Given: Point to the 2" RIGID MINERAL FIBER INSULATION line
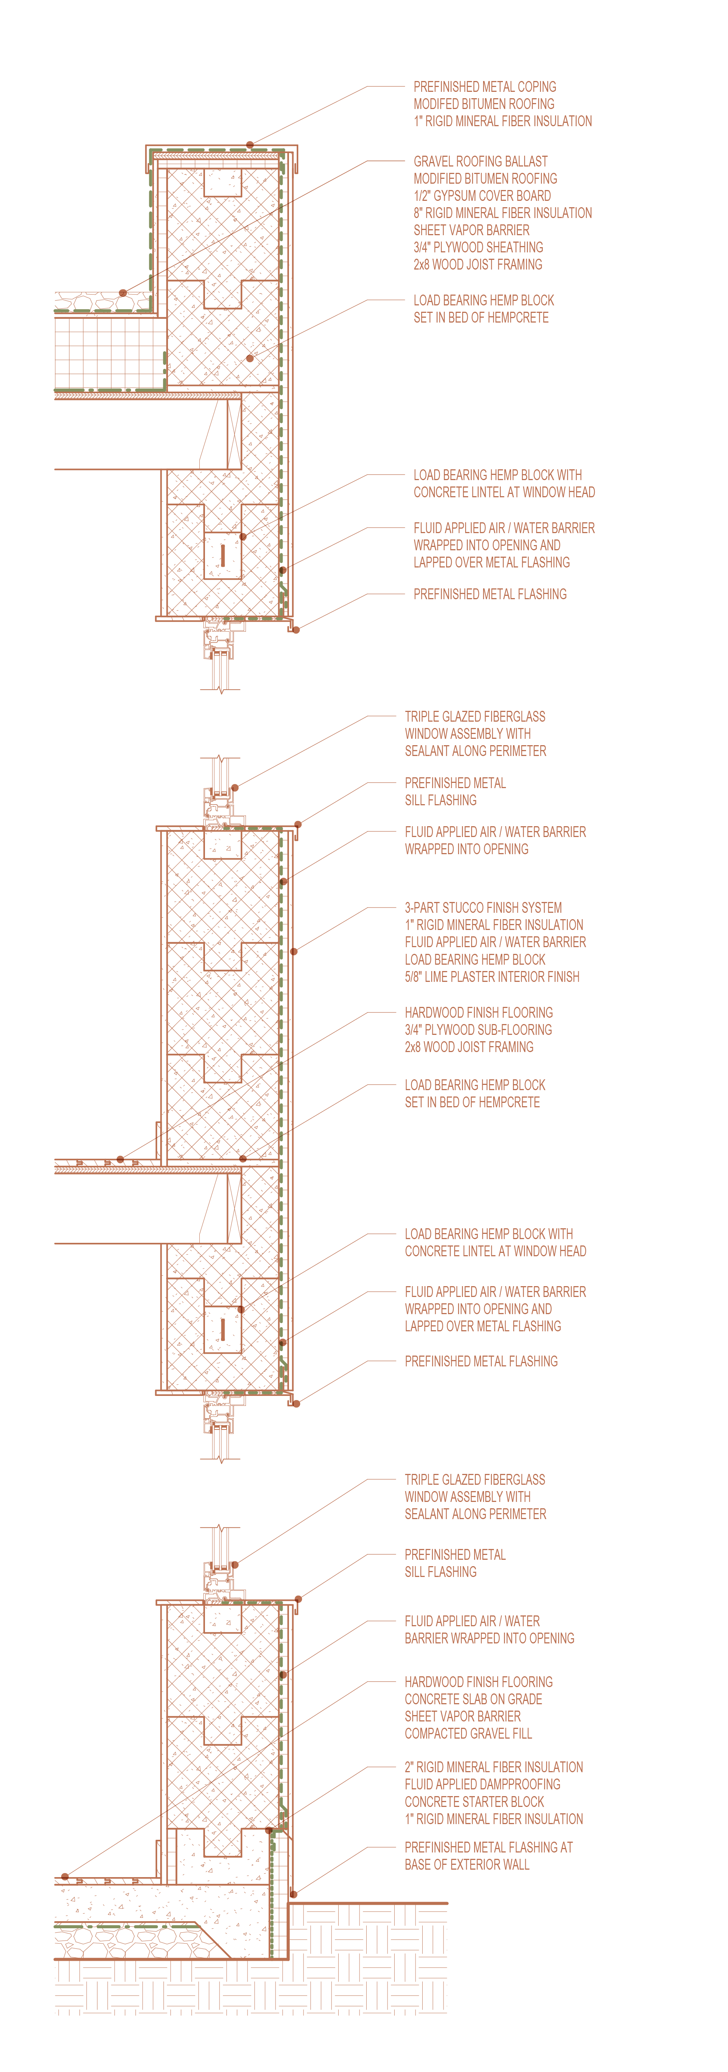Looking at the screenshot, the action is tap(493, 1767).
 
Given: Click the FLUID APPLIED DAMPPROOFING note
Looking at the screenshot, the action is tap(482, 1784).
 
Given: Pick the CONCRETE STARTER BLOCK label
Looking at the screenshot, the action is tap(474, 1802).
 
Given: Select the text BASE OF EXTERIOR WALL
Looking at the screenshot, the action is tap(467, 1864).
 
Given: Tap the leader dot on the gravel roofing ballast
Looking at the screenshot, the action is tap(123, 293).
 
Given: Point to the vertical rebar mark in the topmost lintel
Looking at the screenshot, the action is tap(223, 555).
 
